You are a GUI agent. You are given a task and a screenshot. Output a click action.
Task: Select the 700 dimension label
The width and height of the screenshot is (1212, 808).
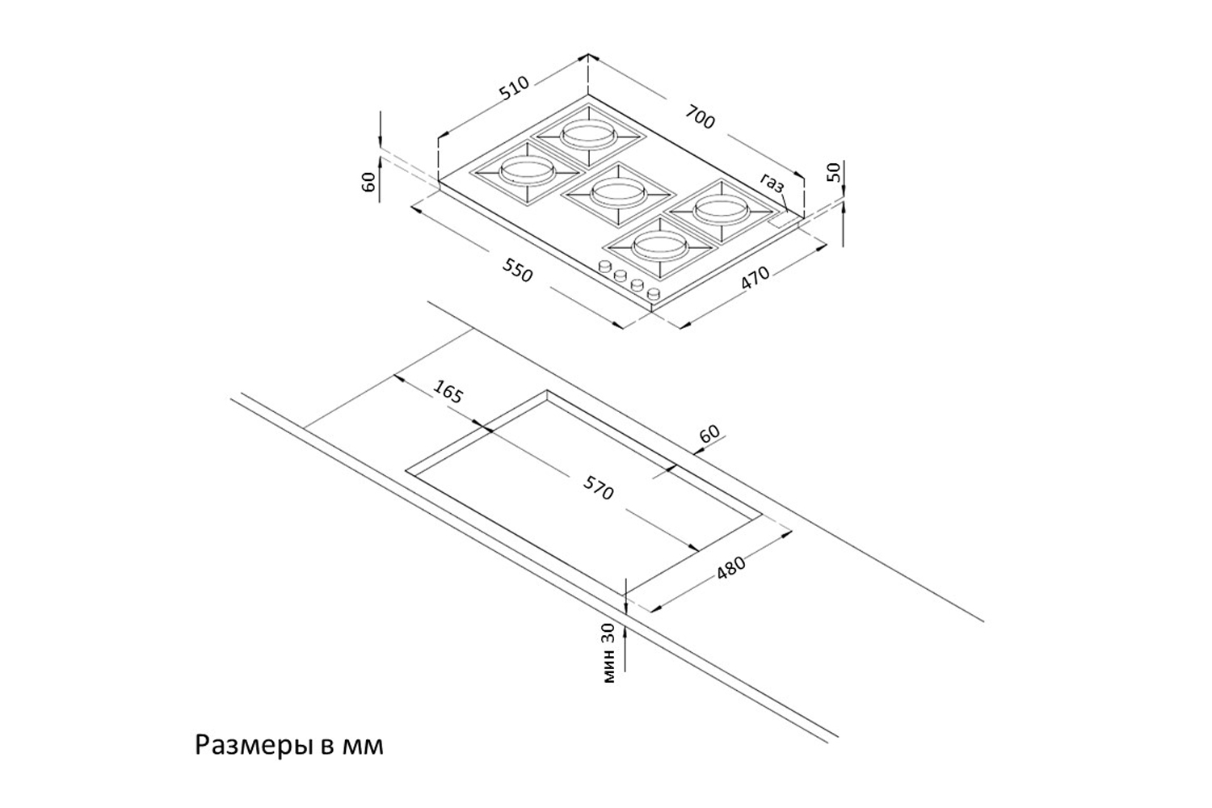(701, 117)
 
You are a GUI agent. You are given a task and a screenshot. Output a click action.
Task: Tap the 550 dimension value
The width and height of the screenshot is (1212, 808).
(517, 270)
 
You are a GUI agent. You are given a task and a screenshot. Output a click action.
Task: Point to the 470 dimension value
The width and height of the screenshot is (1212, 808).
(755, 278)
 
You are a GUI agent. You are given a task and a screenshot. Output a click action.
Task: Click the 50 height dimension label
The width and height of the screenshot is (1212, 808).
(835, 172)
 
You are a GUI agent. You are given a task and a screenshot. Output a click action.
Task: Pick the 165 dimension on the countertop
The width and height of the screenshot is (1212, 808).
(448, 391)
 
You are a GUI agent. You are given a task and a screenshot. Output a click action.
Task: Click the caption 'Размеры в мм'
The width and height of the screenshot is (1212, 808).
(289, 746)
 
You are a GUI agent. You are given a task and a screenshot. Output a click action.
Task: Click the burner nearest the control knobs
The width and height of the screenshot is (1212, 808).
(660, 247)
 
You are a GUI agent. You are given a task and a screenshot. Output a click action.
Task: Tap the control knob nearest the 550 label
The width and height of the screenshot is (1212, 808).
(604, 267)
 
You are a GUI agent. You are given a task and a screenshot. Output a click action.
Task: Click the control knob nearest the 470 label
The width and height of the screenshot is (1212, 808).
(654, 294)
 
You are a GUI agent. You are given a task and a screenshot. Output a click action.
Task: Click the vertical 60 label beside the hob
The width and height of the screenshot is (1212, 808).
(369, 183)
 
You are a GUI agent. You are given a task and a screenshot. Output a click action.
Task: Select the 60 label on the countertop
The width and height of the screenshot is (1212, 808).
(709, 434)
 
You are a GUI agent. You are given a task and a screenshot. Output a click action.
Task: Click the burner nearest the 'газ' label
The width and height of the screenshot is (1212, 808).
(722, 209)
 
